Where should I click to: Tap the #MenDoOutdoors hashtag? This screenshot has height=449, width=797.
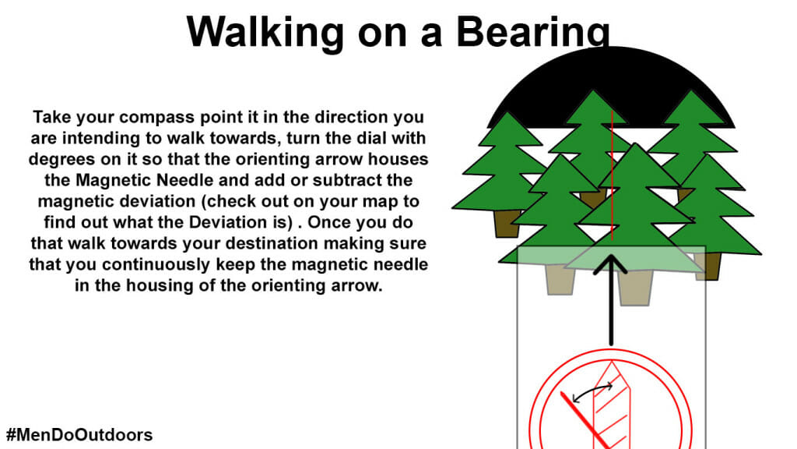click(x=79, y=435)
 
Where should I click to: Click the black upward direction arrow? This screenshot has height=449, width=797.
click(x=611, y=300)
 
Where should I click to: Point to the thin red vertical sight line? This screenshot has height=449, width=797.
click(x=612, y=175)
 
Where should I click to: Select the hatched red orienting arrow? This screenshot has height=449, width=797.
click(x=612, y=405)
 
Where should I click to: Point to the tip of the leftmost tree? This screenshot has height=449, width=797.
click(x=507, y=112)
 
